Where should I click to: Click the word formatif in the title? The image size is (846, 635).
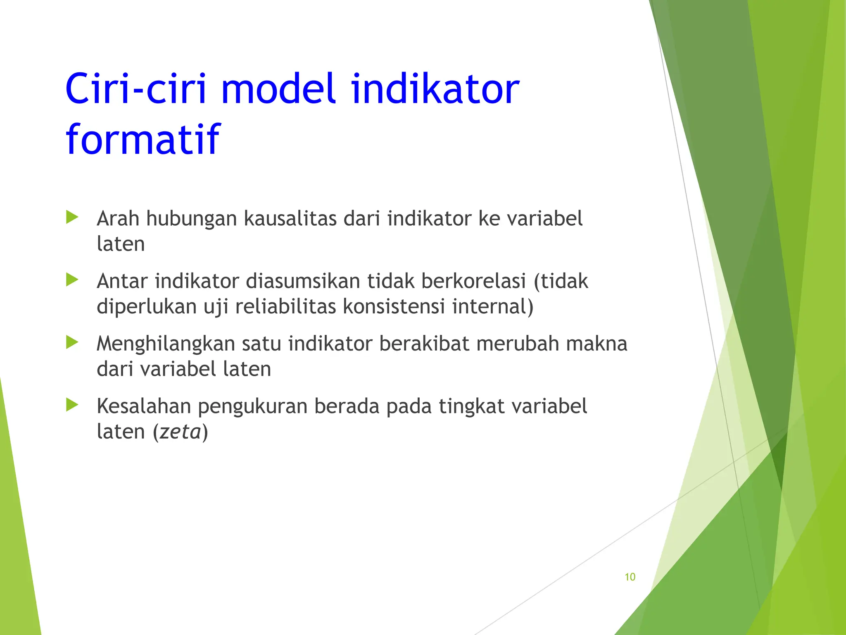coord(143,139)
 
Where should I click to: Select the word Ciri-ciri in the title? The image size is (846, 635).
coord(135,89)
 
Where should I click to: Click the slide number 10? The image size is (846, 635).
coord(630,577)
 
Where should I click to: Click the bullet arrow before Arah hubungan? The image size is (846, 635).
coord(72,217)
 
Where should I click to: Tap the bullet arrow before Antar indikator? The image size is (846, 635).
coord(72,280)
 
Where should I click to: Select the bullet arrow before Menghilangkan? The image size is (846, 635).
coord(72,342)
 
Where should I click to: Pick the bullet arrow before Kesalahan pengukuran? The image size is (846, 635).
coord(72,405)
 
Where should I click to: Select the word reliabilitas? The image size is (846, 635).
coord(285,307)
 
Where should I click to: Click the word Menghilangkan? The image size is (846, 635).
coord(166,344)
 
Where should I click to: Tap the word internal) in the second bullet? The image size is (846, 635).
coord(493,307)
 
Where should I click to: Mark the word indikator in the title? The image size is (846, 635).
coord(435,89)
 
